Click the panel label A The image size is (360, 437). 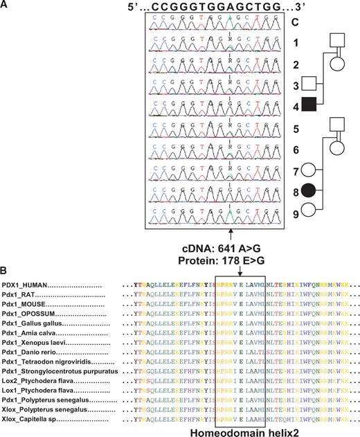[6, 5]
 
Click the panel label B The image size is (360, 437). [6, 265]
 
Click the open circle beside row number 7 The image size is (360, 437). [311, 169]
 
